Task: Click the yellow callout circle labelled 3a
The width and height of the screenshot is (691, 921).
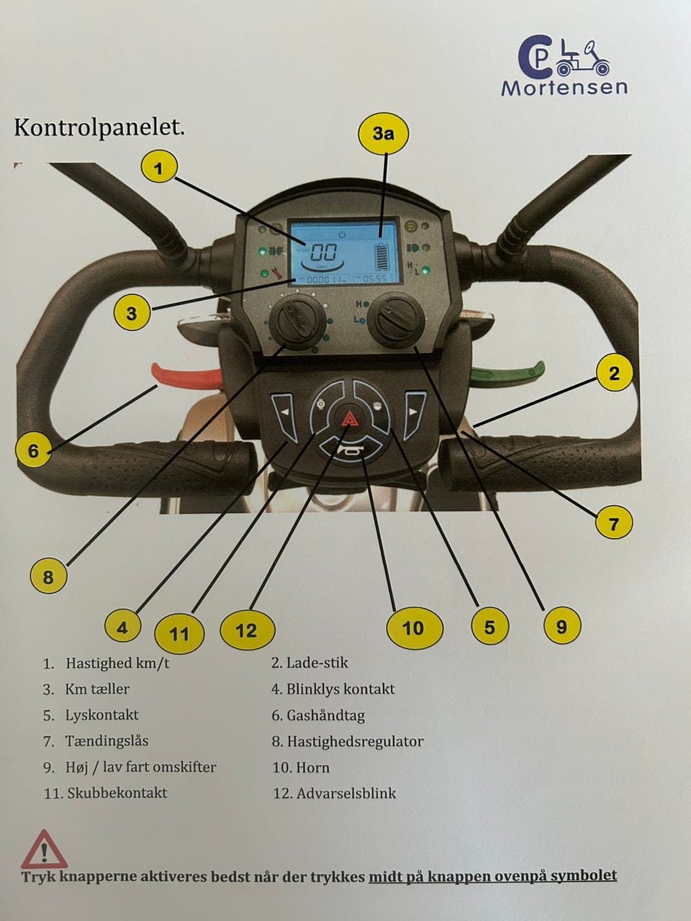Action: [x=384, y=133]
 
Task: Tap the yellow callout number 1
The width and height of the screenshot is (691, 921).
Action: [x=159, y=168]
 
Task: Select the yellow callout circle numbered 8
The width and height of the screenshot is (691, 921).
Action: [x=48, y=576]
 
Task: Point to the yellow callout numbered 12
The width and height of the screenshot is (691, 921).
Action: [x=248, y=630]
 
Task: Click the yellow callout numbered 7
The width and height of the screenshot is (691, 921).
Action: [x=614, y=523]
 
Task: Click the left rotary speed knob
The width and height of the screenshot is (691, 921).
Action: [x=297, y=322]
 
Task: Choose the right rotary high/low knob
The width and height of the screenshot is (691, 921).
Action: [x=396, y=320]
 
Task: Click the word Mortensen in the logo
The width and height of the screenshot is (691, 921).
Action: [x=564, y=87]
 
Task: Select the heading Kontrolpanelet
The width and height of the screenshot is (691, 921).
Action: [x=99, y=127]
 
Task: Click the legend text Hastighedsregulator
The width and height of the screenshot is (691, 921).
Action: [x=355, y=741]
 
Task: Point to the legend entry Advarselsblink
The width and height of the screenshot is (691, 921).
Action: [x=346, y=793]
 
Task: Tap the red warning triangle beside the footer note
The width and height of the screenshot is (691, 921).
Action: [x=45, y=849]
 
